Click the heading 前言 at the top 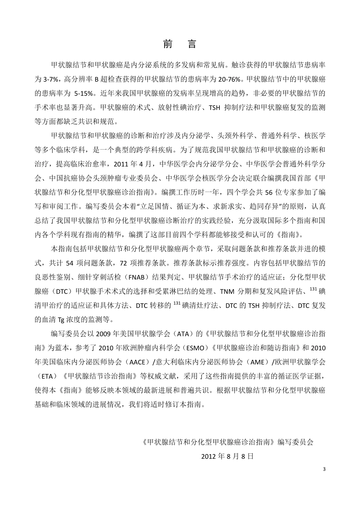coord(180,44)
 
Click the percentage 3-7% coord(49,79)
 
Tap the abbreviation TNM coord(229,291)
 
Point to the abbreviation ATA coord(180,334)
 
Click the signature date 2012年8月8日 coord(227,456)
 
